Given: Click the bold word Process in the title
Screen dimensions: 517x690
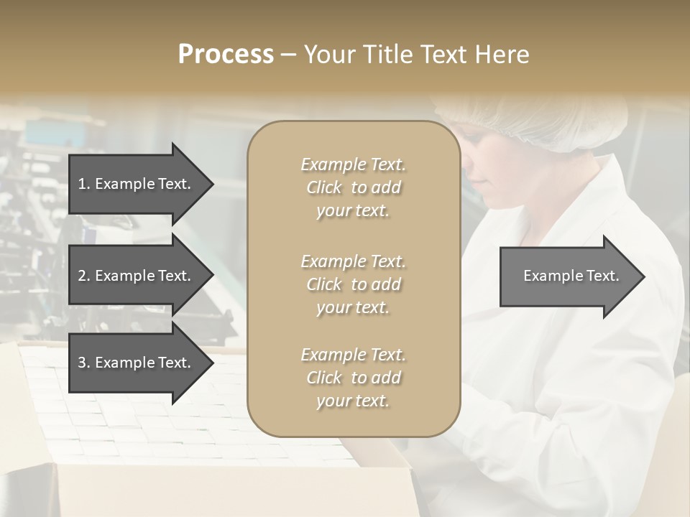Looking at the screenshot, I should coord(226,55).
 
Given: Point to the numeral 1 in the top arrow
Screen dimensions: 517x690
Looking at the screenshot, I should coord(82,184).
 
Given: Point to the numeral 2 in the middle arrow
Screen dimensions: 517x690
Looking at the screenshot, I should coord(83,276).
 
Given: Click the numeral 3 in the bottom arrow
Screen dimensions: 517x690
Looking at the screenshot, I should coord(83,363).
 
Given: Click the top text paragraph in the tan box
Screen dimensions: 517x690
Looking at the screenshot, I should coord(353,187).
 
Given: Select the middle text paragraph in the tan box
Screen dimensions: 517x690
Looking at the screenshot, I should coord(353,284).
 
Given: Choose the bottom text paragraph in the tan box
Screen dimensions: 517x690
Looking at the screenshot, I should coord(353,378).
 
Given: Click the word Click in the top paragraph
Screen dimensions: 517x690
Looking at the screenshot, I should coord(324,188).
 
